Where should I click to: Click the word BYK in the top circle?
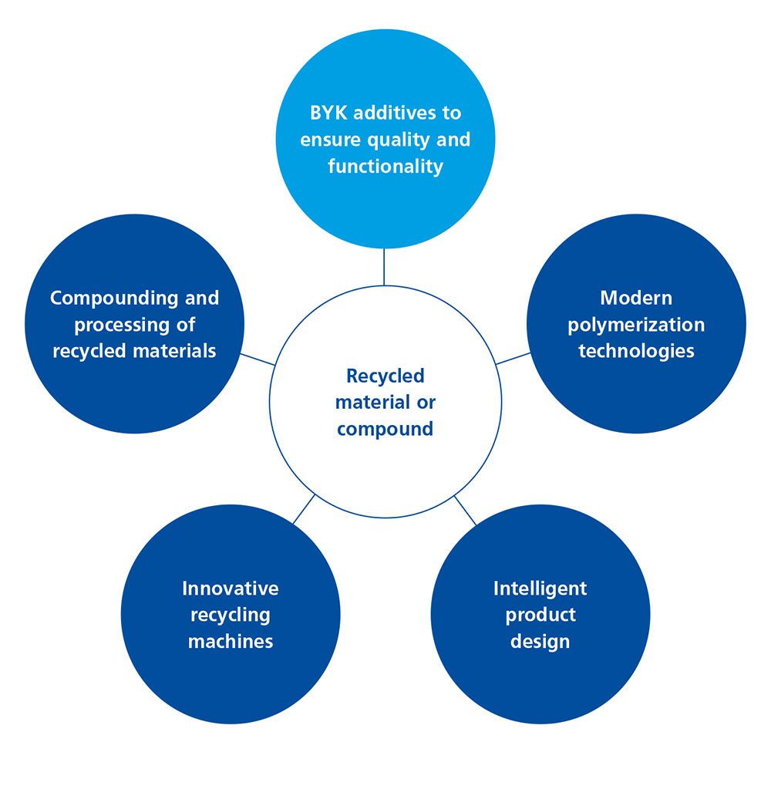click(x=330, y=113)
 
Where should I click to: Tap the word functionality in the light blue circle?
click(x=385, y=166)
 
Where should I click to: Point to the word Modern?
click(x=636, y=298)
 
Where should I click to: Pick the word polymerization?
click(x=636, y=325)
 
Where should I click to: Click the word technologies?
click(x=636, y=351)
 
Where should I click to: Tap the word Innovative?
click(x=231, y=589)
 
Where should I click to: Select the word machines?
click(x=231, y=641)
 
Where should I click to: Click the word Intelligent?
click(x=540, y=589)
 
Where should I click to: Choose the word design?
click(x=540, y=641)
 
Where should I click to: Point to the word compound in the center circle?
click(x=385, y=429)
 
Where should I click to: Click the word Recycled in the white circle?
click(x=385, y=376)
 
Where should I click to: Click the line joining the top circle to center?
click(x=383, y=267)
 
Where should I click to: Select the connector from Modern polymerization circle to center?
click(x=513, y=359)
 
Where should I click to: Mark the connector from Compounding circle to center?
click(x=258, y=359)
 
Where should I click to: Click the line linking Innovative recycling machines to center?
click(x=304, y=509)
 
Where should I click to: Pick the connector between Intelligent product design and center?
click(x=466, y=510)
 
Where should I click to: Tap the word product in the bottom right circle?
click(x=540, y=615)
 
